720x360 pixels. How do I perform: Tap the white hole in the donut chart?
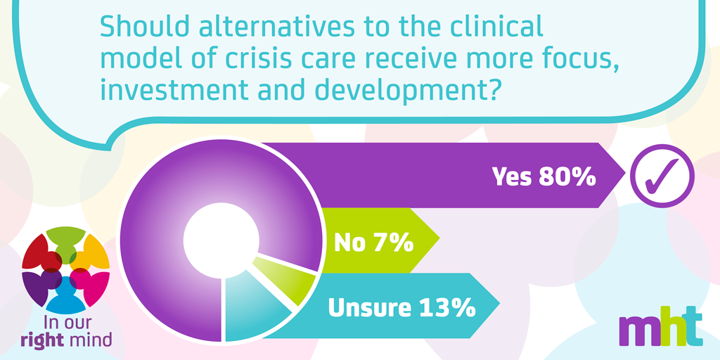(x=221, y=240)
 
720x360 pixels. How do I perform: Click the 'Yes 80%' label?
(x=544, y=176)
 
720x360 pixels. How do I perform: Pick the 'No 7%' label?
(x=374, y=243)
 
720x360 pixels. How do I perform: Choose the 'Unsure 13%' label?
(x=401, y=308)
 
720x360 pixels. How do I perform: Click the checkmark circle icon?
(x=662, y=176)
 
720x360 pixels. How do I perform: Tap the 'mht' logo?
(x=660, y=328)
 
